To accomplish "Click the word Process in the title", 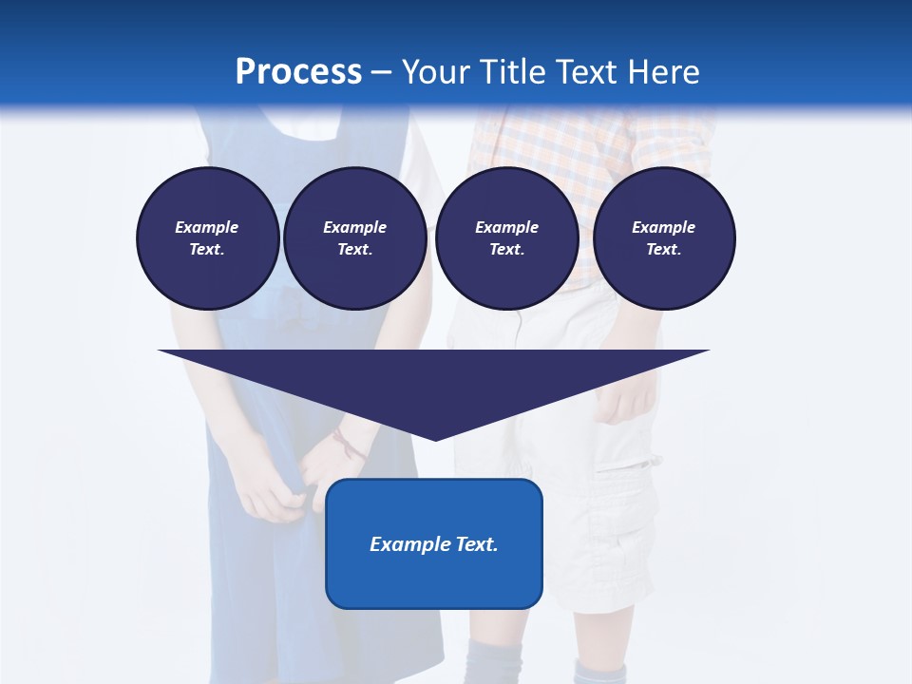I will pyautogui.click(x=298, y=72).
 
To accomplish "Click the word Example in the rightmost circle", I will pyautogui.click(x=663, y=227).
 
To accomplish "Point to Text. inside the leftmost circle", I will pyautogui.click(x=207, y=249).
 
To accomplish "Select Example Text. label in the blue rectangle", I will pyautogui.click(x=434, y=544).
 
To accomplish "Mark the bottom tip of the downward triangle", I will pyautogui.click(x=435, y=439).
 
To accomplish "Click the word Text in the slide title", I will pyautogui.click(x=587, y=72).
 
